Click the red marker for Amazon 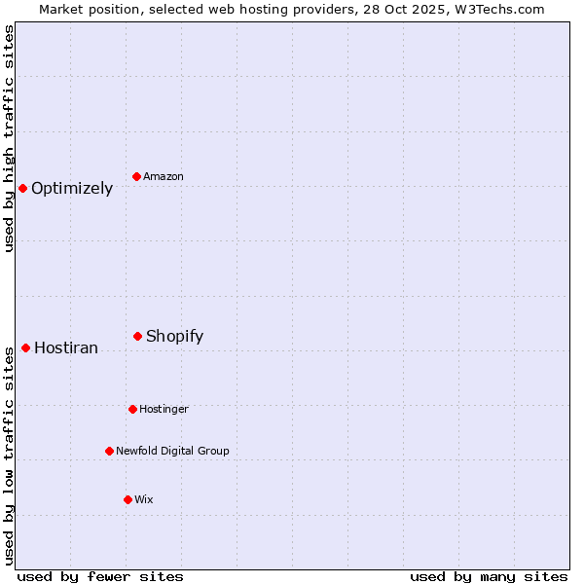point(137,176)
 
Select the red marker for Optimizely point(23,188)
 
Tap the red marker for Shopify point(138,336)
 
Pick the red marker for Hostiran point(26,347)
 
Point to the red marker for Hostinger point(132,409)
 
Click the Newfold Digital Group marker point(110,451)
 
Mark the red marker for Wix point(128,499)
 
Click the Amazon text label point(164,177)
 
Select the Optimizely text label point(72,189)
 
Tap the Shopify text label point(174,337)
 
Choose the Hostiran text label point(66,348)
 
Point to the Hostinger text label point(164,410)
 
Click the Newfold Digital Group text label point(172,452)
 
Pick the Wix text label point(144,500)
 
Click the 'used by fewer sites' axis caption point(100,576)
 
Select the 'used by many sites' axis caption point(489,576)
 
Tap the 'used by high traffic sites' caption point(10,138)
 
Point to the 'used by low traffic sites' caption point(10,456)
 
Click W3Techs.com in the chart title point(499,10)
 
